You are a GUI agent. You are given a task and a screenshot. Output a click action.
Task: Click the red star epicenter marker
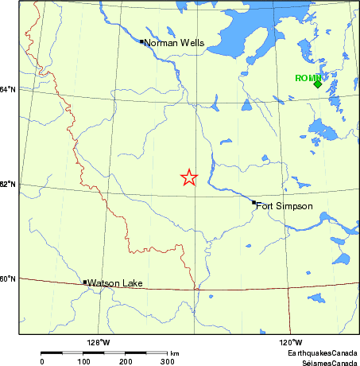(188, 177)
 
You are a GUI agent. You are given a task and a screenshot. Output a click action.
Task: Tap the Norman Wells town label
(175, 43)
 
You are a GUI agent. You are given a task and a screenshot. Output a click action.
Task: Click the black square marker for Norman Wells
(141, 41)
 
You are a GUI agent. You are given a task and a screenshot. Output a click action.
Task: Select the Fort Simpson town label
(285, 206)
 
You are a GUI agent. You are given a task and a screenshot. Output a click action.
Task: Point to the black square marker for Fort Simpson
(254, 202)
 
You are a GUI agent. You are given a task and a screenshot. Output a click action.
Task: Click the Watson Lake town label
(115, 283)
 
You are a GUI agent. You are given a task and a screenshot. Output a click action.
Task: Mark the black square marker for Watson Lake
(85, 282)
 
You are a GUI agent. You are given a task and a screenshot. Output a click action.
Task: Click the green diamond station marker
(317, 84)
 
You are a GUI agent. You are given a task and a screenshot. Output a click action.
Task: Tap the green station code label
(307, 77)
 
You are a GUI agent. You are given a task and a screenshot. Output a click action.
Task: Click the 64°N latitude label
(8, 89)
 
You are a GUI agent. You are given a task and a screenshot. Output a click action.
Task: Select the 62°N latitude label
(8, 185)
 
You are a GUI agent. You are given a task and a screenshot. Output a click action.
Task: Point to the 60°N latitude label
(8, 278)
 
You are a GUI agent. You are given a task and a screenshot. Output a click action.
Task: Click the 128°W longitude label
(99, 343)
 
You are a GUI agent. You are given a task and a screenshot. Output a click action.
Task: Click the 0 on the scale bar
(41, 361)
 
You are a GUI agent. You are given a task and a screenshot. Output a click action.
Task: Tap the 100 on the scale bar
(83, 361)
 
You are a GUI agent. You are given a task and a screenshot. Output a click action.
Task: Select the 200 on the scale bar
(126, 361)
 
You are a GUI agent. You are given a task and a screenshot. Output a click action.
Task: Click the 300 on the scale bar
(167, 361)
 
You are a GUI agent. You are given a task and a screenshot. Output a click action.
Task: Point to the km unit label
(174, 352)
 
